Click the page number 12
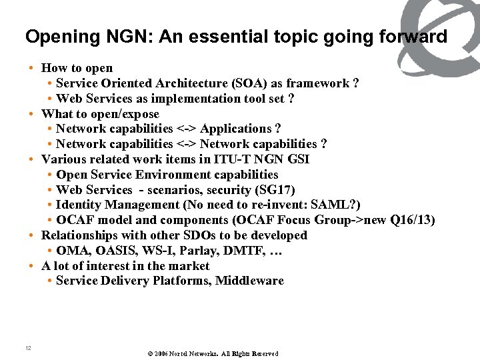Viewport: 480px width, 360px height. tap(28, 348)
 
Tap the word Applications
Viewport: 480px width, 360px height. tap(236, 129)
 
